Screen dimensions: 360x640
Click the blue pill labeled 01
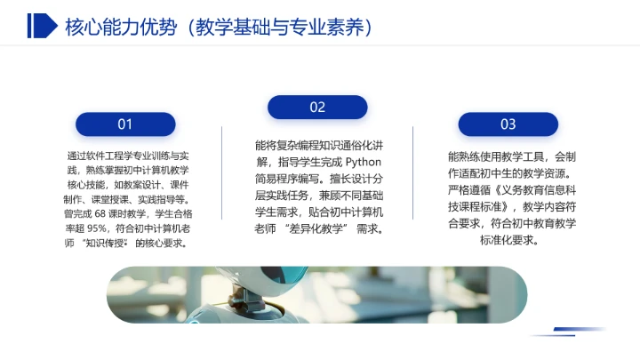click(x=125, y=124)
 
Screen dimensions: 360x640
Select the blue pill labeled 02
click(x=317, y=108)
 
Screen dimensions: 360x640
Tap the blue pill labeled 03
click(x=508, y=124)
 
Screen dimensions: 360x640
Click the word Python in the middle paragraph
click(x=362, y=162)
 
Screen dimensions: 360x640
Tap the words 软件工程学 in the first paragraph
click(x=108, y=156)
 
